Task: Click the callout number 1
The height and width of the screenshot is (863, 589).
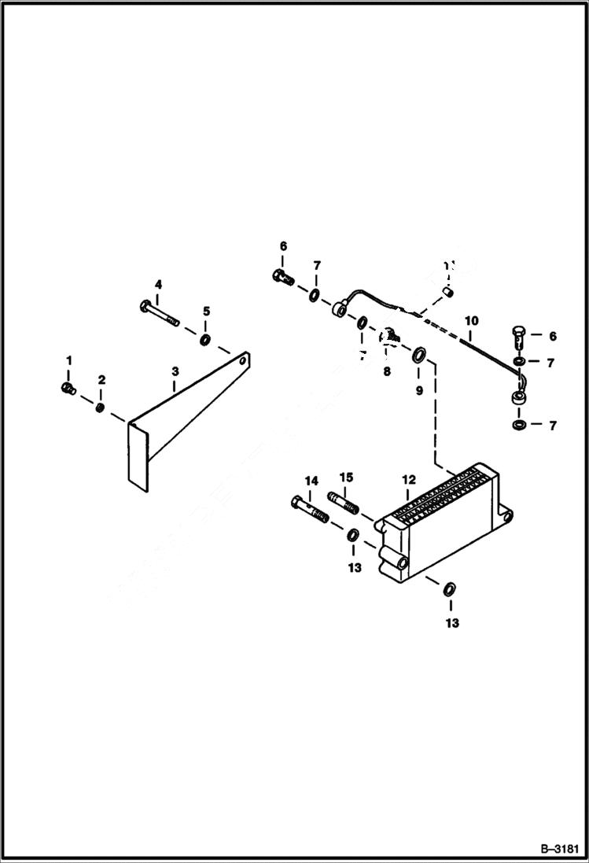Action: pyautogui.click(x=68, y=360)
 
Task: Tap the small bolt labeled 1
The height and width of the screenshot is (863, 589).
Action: pyautogui.click(x=67, y=388)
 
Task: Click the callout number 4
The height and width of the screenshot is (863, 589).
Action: pyautogui.click(x=158, y=284)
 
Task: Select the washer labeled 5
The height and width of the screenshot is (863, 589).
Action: pyautogui.click(x=204, y=339)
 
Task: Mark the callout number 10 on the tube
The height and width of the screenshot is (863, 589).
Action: pyautogui.click(x=471, y=321)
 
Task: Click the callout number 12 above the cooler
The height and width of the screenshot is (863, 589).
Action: pyautogui.click(x=408, y=479)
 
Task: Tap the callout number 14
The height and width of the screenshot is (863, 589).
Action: pyautogui.click(x=311, y=480)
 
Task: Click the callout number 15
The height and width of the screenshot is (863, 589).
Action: pyautogui.click(x=346, y=478)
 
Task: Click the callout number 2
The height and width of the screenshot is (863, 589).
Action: pyautogui.click(x=101, y=380)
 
